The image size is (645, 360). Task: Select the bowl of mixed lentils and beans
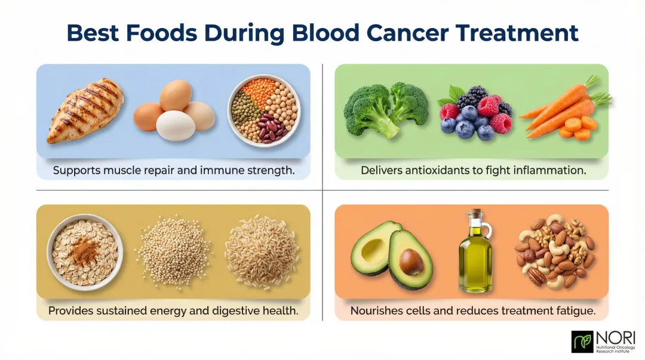tap(263, 110)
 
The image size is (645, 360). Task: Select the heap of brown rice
tap(262, 252)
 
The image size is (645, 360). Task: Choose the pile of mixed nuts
tap(555, 251)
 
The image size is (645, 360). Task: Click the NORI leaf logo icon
tap(582, 341)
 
